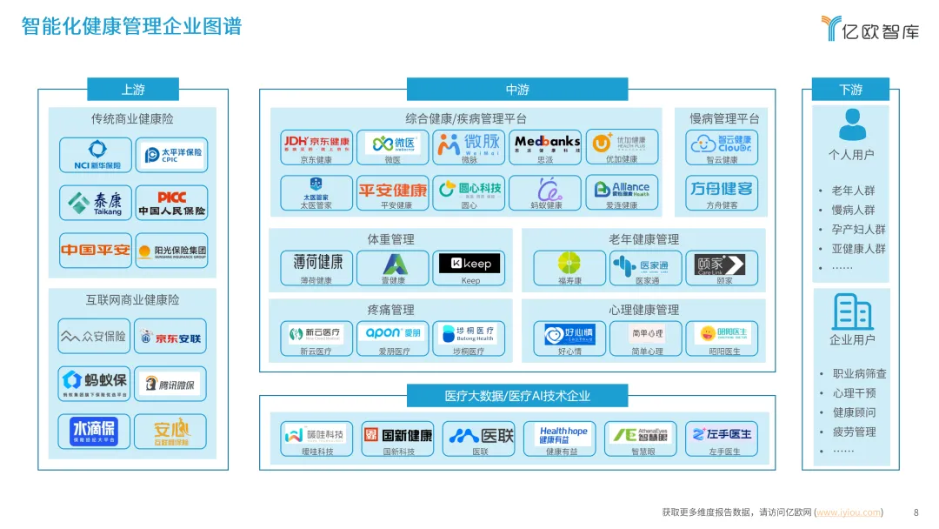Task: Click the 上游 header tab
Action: pyautogui.click(x=133, y=90)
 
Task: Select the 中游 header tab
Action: pyautogui.click(x=516, y=90)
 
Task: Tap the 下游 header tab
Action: pyautogui.click(x=850, y=90)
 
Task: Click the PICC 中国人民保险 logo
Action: pyautogui.click(x=171, y=203)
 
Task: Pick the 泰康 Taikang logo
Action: pyautogui.click(x=96, y=203)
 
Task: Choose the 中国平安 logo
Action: pyautogui.click(x=96, y=251)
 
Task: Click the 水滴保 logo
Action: pyautogui.click(x=94, y=431)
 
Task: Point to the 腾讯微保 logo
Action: pyautogui.click(x=171, y=384)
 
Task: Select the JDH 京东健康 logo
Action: pyautogui.click(x=316, y=143)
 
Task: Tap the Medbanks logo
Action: pyautogui.click(x=546, y=143)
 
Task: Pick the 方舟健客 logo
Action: pyautogui.click(x=721, y=189)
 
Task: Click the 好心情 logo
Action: pyautogui.click(x=569, y=333)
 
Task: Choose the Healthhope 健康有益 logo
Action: pyautogui.click(x=563, y=435)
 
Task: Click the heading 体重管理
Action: pyautogui.click(x=390, y=239)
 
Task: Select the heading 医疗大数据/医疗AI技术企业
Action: pyautogui.click(x=516, y=396)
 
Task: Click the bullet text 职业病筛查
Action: pyautogui.click(x=859, y=373)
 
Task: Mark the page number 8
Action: pyautogui.click(x=916, y=512)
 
